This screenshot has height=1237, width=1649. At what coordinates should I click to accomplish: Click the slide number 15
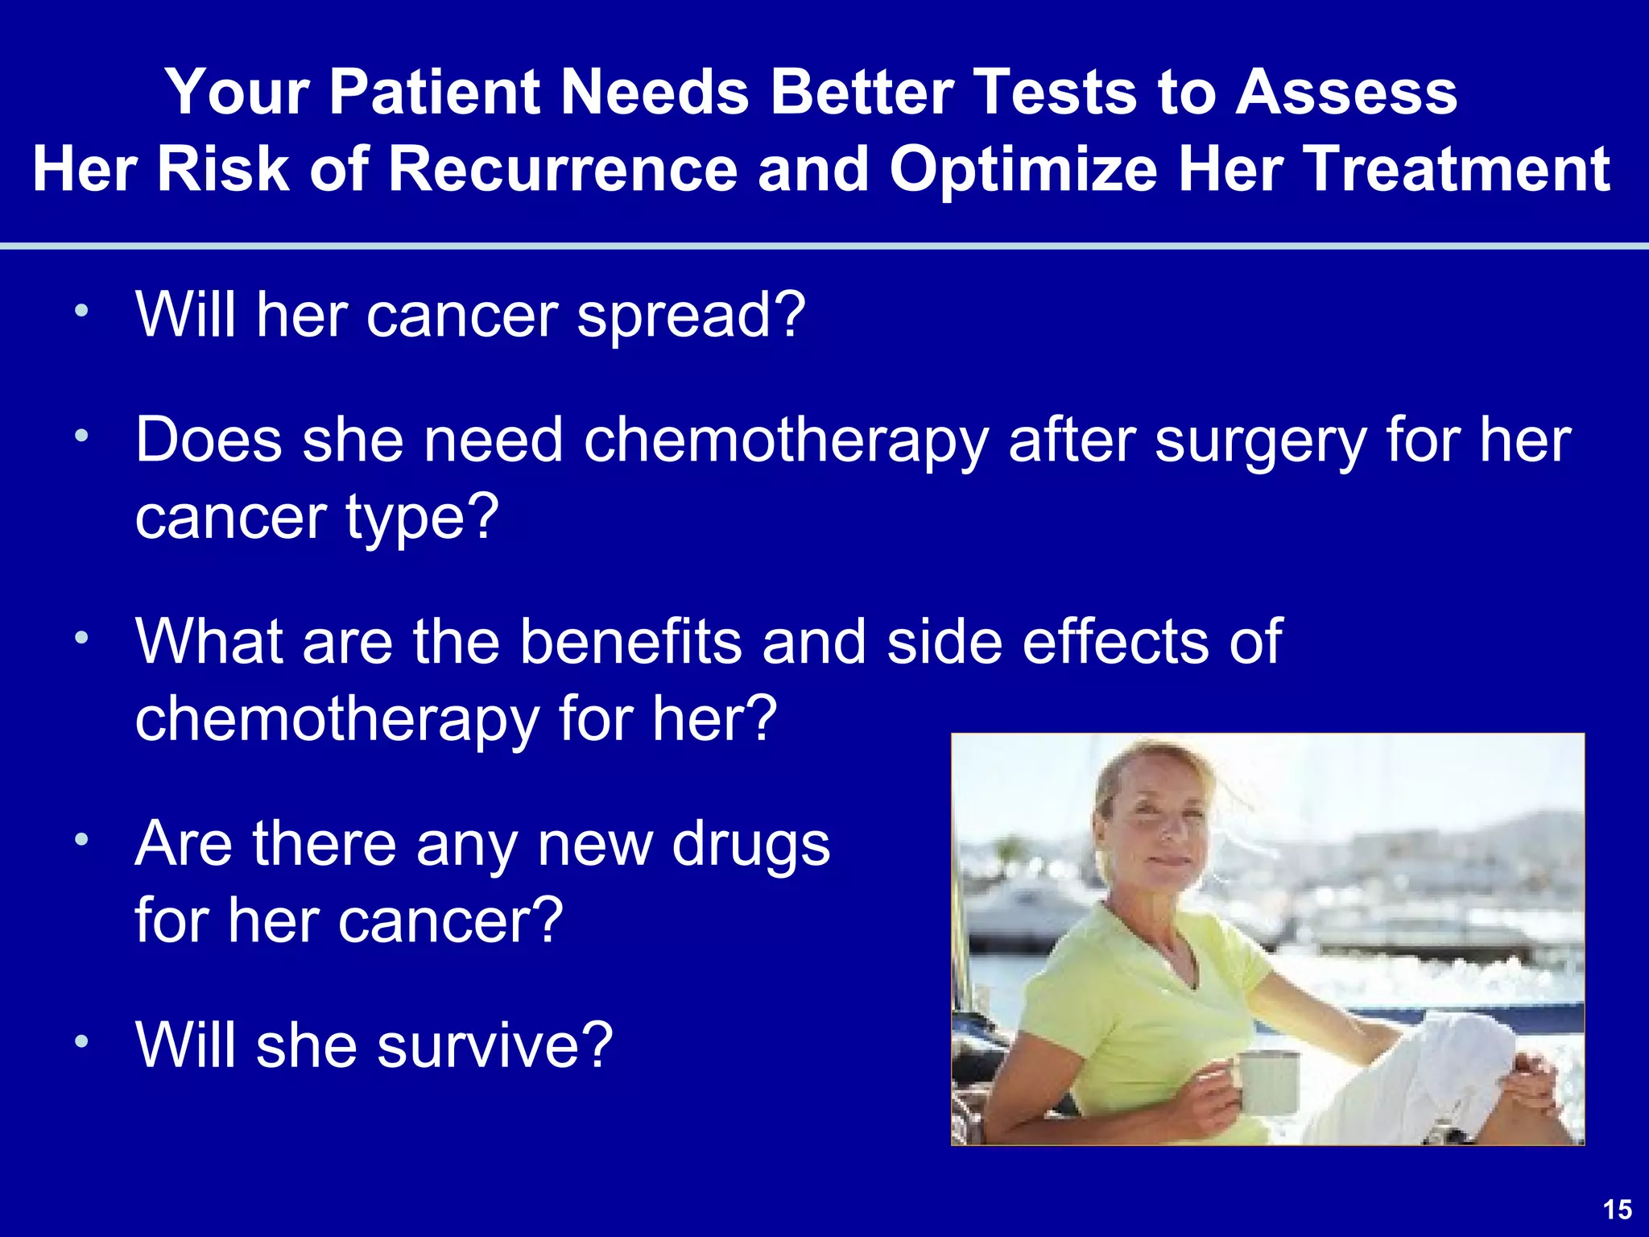tap(1617, 1210)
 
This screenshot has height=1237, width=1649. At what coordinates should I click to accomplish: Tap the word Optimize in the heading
tap(1023, 172)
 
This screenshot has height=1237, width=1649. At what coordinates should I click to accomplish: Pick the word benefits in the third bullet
tap(630, 642)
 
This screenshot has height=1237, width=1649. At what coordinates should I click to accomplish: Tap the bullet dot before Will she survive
tap(81, 1042)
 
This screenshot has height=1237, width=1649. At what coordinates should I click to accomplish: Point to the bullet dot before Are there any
tap(81, 841)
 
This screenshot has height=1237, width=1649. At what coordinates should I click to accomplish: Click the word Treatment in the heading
tap(1458, 170)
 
